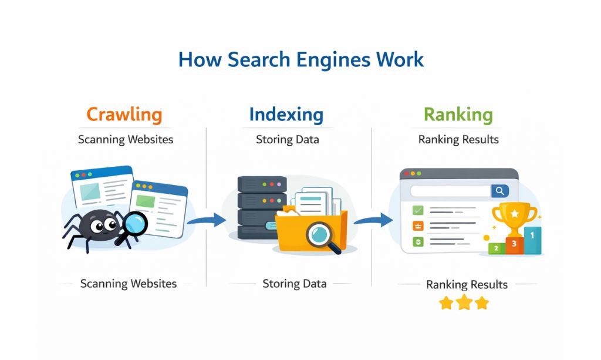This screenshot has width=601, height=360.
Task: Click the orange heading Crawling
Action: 124,115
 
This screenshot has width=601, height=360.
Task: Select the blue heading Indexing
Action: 286,115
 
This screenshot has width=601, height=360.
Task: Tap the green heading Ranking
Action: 458,115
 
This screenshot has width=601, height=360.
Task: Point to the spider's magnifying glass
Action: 136,224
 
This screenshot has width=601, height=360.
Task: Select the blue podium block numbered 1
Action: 532,239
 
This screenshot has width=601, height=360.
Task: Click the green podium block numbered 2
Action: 497,248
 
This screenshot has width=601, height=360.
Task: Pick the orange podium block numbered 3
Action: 514,243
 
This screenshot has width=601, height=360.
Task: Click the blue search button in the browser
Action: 500,191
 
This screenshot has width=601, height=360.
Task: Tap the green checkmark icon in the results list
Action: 418,209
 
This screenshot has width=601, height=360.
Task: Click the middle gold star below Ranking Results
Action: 464,303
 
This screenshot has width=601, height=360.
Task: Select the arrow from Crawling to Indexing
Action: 206,221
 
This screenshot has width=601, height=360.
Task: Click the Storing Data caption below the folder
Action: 294,284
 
